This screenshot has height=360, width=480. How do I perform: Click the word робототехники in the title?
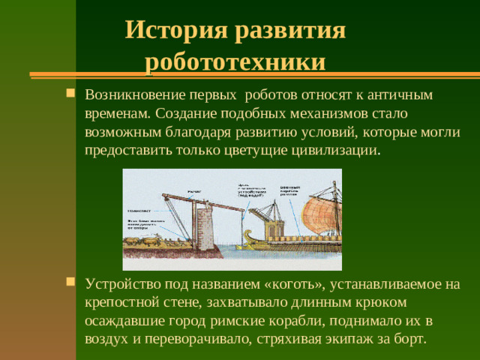click(235, 61)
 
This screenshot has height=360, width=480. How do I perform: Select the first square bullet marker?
click(70, 95)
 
